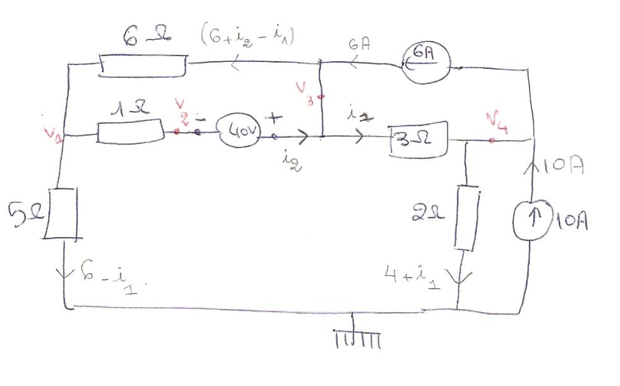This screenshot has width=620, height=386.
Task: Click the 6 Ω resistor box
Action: pyautogui.click(x=143, y=65)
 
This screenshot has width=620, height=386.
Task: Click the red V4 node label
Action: pyautogui.click(x=498, y=121)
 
